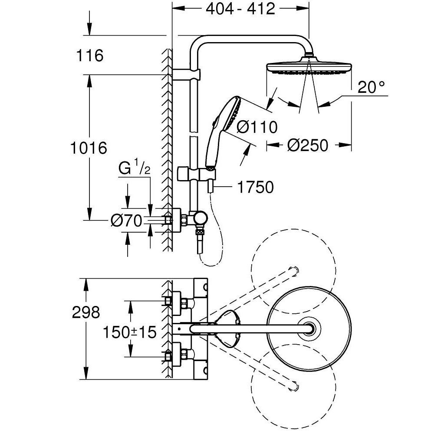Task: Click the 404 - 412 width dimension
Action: (x=240, y=9)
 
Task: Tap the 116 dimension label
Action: (x=90, y=56)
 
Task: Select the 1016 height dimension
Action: (x=89, y=148)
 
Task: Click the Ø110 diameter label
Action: (x=257, y=127)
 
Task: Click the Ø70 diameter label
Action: (x=126, y=221)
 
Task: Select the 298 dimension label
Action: (x=85, y=312)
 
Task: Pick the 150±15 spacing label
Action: (x=129, y=332)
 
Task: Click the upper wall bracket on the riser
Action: (x=187, y=75)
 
